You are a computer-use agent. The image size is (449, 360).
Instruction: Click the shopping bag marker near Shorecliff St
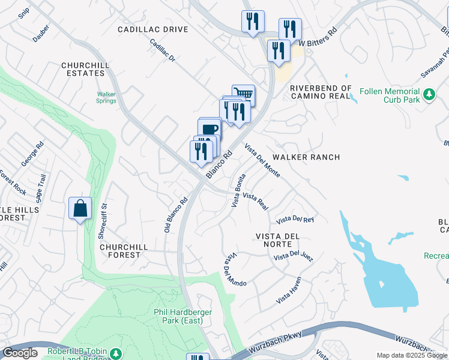point(80,209)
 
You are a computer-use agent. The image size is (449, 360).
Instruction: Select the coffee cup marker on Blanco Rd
point(209,128)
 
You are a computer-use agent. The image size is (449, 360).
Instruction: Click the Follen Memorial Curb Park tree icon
point(429,94)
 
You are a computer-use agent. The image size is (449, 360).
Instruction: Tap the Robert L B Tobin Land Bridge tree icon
point(115,354)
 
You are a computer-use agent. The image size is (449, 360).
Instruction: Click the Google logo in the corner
point(20,353)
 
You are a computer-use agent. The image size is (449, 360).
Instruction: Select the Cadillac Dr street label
point(162,52)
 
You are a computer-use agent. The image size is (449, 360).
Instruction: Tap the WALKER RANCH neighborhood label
point(306,157)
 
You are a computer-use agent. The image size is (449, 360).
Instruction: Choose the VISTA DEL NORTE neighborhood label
point(277,240)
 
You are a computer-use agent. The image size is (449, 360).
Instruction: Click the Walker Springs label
point(106,97)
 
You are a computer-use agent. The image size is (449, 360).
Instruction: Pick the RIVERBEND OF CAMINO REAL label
point(320,92)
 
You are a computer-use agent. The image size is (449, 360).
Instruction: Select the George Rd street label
point(32,154)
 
